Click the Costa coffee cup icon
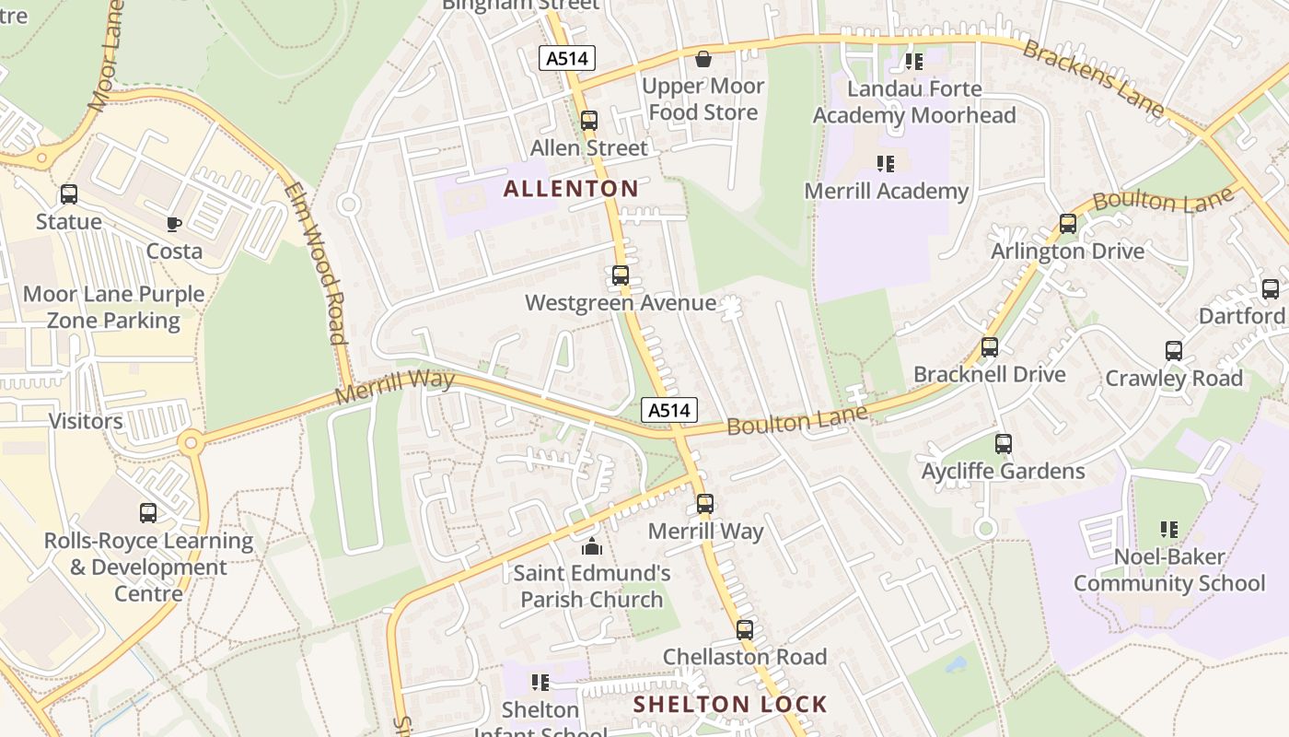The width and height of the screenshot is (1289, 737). click(173, 224)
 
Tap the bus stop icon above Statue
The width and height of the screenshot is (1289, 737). click(69, 194)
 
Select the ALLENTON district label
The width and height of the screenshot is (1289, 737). click(570, 190)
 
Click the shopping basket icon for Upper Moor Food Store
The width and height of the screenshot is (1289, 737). click(703, 59)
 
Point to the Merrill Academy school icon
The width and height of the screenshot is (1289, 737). click(885, 164)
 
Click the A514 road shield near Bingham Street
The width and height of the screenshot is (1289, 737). click(567, 59)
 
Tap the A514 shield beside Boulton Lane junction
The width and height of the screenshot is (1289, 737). click(669, 411)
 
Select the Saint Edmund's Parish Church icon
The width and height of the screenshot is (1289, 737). click(591, 546)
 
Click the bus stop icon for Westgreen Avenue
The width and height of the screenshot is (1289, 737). click(621, 275)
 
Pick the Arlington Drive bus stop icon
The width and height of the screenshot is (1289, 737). click(1068, 224)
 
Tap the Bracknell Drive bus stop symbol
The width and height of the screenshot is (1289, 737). click(990, 347)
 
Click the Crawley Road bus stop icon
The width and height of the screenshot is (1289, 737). click(1174, 351)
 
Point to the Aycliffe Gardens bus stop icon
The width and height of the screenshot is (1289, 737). click(1004, 444)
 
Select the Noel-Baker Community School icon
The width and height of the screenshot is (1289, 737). click(1169, 530)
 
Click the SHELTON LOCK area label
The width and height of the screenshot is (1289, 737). click(730, 705)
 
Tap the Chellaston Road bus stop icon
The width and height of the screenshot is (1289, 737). click(745, 630)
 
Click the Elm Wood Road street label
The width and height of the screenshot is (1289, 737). click(315, 263)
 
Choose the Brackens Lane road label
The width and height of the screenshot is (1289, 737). click(1092, 77)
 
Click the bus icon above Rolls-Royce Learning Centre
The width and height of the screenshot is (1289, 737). click(148, 513)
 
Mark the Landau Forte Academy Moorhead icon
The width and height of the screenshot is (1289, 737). click(913, 62)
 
